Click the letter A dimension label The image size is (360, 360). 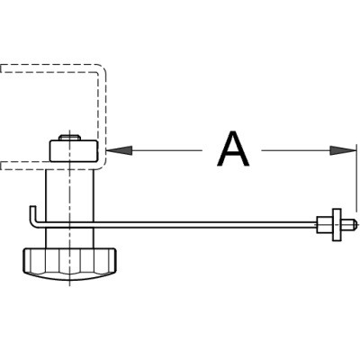pos(233,148)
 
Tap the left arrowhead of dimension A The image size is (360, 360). pos(119,150)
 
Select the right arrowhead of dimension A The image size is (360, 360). pos(343,150)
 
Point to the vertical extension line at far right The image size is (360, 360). pos(356,178)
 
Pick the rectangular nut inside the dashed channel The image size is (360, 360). pos(74,151)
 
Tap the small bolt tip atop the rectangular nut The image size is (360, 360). pos(69,138)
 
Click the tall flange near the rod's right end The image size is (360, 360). pos(337,225)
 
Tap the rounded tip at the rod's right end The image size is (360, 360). pos(354,224)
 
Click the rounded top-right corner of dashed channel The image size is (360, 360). pos(102,69)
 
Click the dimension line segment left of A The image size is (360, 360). pos(166,150)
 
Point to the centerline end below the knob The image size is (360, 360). pos(69,285)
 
